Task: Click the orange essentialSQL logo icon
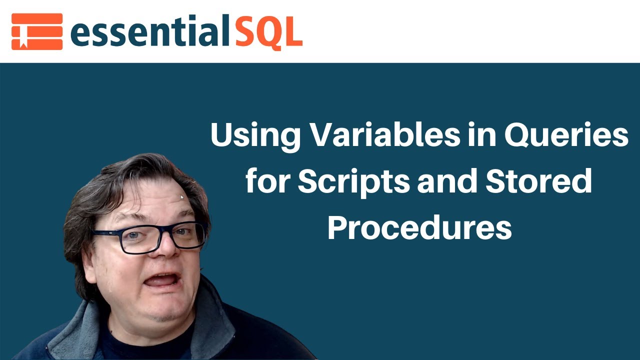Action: (x=37, y=31)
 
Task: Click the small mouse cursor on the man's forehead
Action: (x=182, y=197)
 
